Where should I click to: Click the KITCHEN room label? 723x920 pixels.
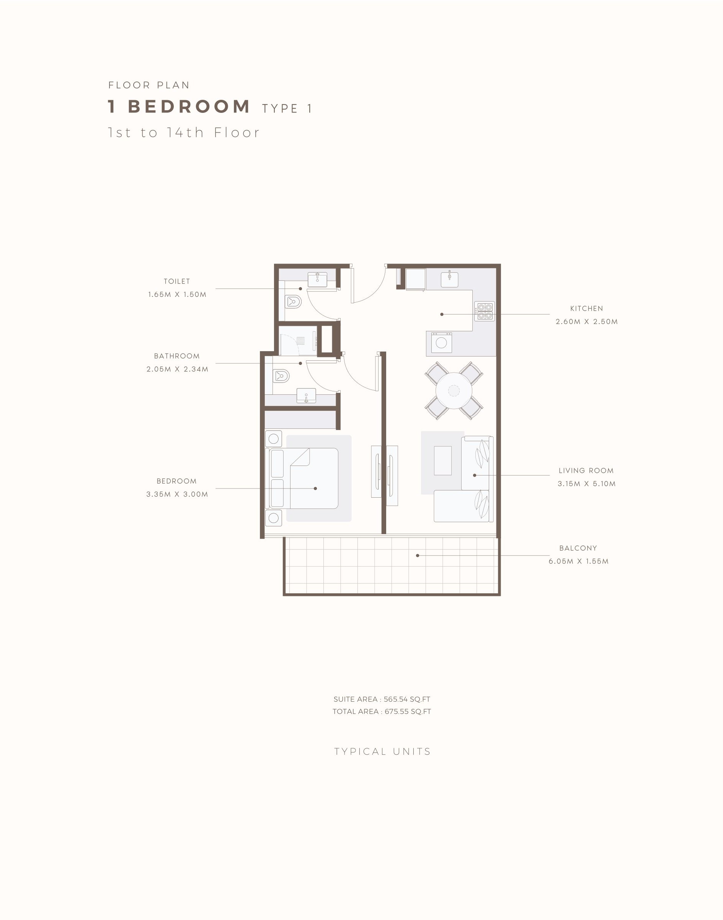pyautogui.click(x=586, y=308)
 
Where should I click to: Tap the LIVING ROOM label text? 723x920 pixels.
pyautogui.click(x=586, y=471)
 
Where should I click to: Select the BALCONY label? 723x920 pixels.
pyautogui.click(x=578, y=548)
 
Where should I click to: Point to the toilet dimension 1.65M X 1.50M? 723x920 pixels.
pyautogui.click(x=177, y=295)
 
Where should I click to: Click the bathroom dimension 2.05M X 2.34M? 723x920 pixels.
pyautogui.click(x=177, y=369)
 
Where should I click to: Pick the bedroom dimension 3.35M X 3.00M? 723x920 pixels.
pyautogui.click(x=177, y=494)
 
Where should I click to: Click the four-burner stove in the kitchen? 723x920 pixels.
pyautogui.click(x=484, y=311)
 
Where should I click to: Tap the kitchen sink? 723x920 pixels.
pyautogui.click(x=450, y=279)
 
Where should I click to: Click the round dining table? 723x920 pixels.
pyautogui.click(x=454, y=391)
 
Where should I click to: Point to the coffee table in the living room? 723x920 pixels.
pyautogui.click(x=443, y=460)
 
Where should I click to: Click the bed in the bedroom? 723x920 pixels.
pyautogui.click(x=303, y=479)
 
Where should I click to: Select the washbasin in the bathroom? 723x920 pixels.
pyautogui.click(x=306, y=396)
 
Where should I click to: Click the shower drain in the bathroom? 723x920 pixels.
pyautogui.click(x=300, y=340)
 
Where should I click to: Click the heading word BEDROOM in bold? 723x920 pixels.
pyautogui.click(x=189, y=107)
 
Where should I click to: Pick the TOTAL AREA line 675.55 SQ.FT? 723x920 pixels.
pyautogui.click(x=382, y=712)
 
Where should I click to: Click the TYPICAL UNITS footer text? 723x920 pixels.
pyautogui.click(x=382, y=751)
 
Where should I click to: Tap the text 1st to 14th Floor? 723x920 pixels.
pyautogui.click(x=184, y=132)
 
